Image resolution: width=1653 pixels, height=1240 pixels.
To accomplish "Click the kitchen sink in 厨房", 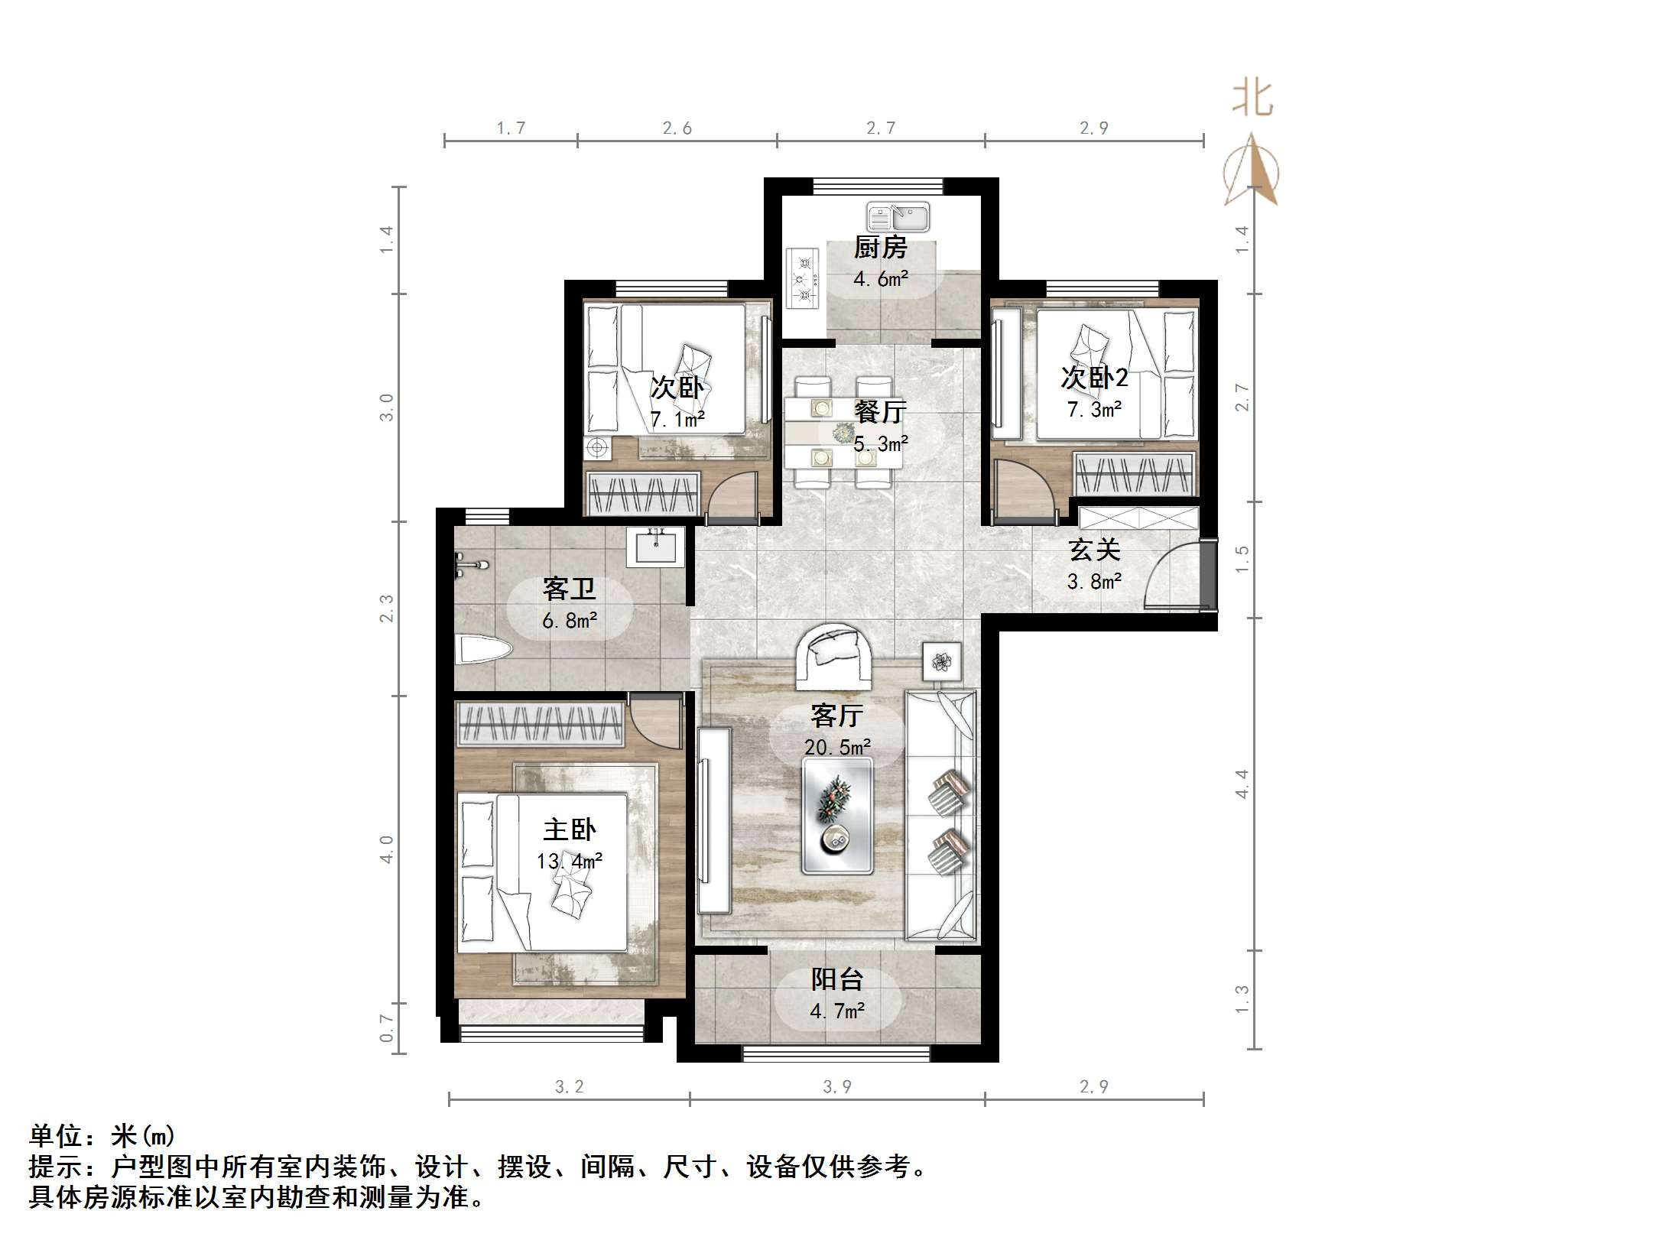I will pos(898,218).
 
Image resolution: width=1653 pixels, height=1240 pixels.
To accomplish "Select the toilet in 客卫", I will pos(482,650).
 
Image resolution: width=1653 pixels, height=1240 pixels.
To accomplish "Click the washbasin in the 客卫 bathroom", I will pos(655,547).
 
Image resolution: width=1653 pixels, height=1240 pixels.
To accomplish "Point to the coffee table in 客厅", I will pos(836,817).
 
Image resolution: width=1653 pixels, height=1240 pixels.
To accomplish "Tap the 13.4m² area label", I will pos(570,862).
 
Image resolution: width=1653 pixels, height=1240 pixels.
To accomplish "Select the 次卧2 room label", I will pos(1094,378).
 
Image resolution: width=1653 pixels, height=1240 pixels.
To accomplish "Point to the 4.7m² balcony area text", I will pos(837,1011).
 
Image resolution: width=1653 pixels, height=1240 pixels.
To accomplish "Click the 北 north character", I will pos(1252,99).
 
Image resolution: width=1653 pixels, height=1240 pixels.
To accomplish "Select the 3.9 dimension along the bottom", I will pos(836,1086).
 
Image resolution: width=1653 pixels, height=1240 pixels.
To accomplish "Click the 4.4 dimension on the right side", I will pos(1242,784).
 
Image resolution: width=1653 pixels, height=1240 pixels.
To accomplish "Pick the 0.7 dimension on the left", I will pos(387,1028).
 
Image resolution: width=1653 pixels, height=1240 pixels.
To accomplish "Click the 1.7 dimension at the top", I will pos(511,128).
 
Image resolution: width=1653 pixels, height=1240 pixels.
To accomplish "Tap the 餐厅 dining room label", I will pos(880,412).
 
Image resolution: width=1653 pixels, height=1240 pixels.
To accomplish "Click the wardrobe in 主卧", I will pos(540,723).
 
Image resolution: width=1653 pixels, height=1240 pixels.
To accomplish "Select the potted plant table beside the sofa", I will pos(942,661).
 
